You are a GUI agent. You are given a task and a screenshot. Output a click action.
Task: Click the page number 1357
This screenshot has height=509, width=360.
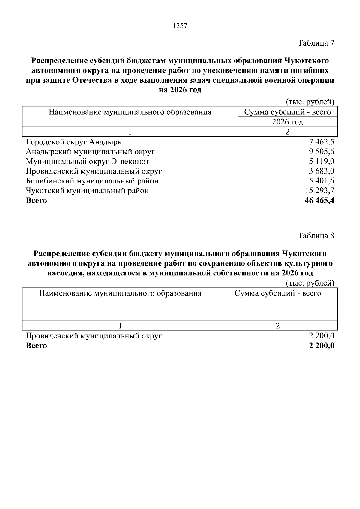(180, 26)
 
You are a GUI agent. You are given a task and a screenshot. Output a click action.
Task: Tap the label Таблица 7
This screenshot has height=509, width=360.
(316, 43)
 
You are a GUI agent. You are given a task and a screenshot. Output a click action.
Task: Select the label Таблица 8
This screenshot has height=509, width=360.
(316, 236)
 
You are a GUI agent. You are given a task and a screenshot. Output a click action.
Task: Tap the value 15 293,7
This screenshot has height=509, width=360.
(320, 191)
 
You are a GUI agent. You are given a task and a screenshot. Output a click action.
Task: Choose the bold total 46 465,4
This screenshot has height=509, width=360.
(319, 201)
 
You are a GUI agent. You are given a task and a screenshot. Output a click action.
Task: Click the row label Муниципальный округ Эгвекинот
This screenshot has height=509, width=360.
(87, 162)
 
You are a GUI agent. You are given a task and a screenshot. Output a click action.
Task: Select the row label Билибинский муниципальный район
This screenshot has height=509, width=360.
(92, 181)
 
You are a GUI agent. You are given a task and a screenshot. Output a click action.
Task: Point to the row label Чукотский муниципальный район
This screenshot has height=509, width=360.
(87, 191)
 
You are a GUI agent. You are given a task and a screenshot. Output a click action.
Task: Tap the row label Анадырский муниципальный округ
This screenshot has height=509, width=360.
(90, 152)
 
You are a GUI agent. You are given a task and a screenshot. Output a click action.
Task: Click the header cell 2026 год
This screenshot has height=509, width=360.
(287, 122)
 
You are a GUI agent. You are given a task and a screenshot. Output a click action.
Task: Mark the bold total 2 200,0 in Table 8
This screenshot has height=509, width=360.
(322, 346)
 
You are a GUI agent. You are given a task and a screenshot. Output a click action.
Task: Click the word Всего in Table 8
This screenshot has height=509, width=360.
(36, 346)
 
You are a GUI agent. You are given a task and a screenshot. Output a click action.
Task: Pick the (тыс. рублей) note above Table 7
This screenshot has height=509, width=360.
(310, 103)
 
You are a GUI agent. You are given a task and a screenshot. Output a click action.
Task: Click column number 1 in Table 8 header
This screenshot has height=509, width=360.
(120, 326)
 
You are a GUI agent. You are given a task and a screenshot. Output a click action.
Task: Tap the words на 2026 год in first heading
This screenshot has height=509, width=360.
(180, 90)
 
